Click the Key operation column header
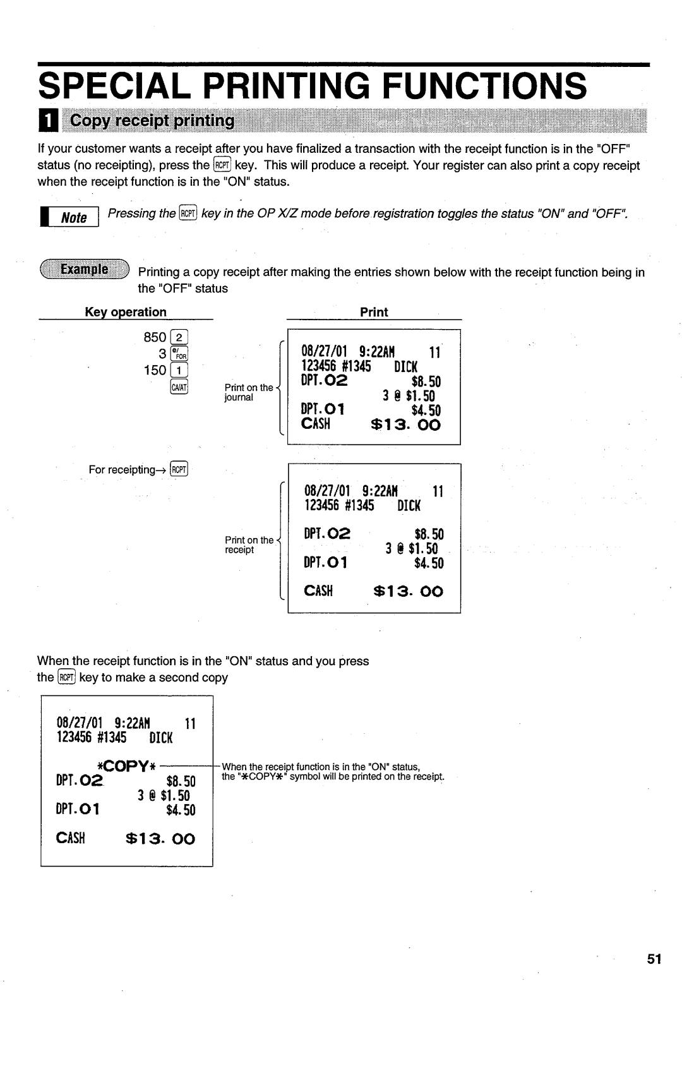[x=126, y=312]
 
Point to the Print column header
[x=374, y=312]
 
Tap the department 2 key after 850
[x=180, y=337]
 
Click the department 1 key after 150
[x=180, y=370]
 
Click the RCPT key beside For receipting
[x=181, y=469]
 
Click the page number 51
[x=654, y=959]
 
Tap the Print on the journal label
[x=248, y=392]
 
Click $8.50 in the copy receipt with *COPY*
[x=181, y=781]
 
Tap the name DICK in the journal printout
[x=406, y=367]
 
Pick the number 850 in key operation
[x=155, y=337]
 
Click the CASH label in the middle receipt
[x=319, y=592]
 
